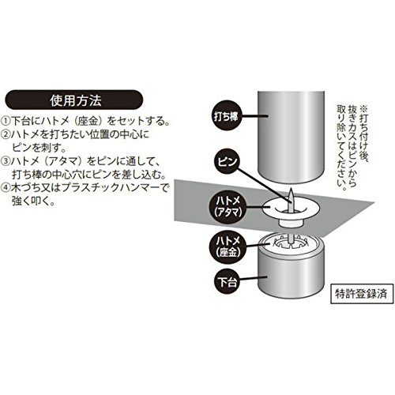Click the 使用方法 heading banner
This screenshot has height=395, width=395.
click(x=74, y=100)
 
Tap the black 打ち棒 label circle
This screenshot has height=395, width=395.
click(x=226, y=116)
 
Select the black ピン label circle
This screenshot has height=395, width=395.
click(x=228, y=162)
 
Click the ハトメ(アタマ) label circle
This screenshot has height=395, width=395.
click(x=228, y=207)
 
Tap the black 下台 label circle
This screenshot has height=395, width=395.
click(x=228, y=283)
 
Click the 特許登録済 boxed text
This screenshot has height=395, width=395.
click(x=361, y=293)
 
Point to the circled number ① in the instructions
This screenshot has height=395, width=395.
click(x=6, y=121)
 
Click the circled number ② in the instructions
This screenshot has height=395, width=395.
click(x=6, y=135)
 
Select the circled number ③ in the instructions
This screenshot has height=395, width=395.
click(x=6, y=161)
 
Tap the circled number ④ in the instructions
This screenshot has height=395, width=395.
click(x=6, y=188)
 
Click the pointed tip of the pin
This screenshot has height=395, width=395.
click(x=290, y=190)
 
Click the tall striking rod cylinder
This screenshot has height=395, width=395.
click(x=291, y=137)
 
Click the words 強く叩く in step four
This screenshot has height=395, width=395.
click(x=33, y=201)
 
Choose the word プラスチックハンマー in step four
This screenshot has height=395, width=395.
click(x=111, y=188)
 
